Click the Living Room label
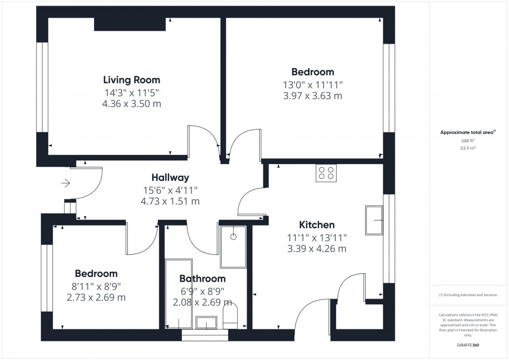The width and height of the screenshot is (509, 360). (131, 80)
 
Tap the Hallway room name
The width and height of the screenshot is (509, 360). (170, 178)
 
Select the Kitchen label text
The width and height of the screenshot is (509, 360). (317, 225)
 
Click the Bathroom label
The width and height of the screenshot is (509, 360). (203, 278)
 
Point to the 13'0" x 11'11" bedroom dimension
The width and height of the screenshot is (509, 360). (312, 85)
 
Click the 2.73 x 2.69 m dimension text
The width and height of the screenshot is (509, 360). (96, 298)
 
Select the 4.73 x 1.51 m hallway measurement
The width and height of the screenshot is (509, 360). (170, 201)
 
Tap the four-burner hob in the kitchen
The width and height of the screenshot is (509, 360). (326, 173)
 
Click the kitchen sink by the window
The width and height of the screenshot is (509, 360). (373, 220)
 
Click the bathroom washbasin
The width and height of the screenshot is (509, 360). (206, 323)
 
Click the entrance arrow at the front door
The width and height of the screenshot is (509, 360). (66, 183)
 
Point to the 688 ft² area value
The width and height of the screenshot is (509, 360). (468, 140)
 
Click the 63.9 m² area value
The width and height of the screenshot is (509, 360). (468, 148)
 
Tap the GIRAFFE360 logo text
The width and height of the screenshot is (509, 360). (468, 344)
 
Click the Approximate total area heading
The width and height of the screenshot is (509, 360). (468, 132)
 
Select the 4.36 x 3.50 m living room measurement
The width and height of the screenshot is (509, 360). (131, 103)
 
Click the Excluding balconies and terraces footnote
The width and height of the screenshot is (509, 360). (468, 295)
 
